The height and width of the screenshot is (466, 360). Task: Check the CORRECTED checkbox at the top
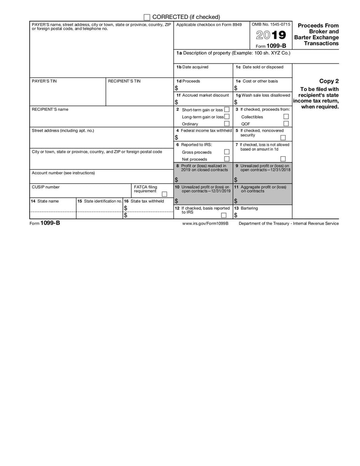click(147, 17)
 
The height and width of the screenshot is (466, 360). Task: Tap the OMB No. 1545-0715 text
click(271, 24)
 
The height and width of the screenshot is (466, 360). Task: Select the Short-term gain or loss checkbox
click(227, 110)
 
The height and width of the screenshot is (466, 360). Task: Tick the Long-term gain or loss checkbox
click(227, 117)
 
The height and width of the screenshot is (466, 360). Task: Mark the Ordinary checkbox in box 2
click(227, 124)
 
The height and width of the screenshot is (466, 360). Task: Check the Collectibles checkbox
click(286, 117)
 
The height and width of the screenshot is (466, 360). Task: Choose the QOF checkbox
click(286, 124)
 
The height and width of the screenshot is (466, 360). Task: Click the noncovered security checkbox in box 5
click(283, 138)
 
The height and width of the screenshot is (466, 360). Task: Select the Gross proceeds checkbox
click(227, 152)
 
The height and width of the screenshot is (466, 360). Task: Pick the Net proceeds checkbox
click(227, 159)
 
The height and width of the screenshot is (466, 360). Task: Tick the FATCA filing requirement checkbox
click(164, 194)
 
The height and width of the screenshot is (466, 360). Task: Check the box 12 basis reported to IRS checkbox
click(223, 215)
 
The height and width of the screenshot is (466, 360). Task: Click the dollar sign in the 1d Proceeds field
click(176, 88)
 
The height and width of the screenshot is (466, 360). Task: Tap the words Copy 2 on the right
click(329, 81)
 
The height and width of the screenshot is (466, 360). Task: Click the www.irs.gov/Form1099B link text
click(205, 223)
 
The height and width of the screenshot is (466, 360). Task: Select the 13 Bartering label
click(246, 208)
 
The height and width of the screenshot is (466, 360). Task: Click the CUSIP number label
click(45, 187)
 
